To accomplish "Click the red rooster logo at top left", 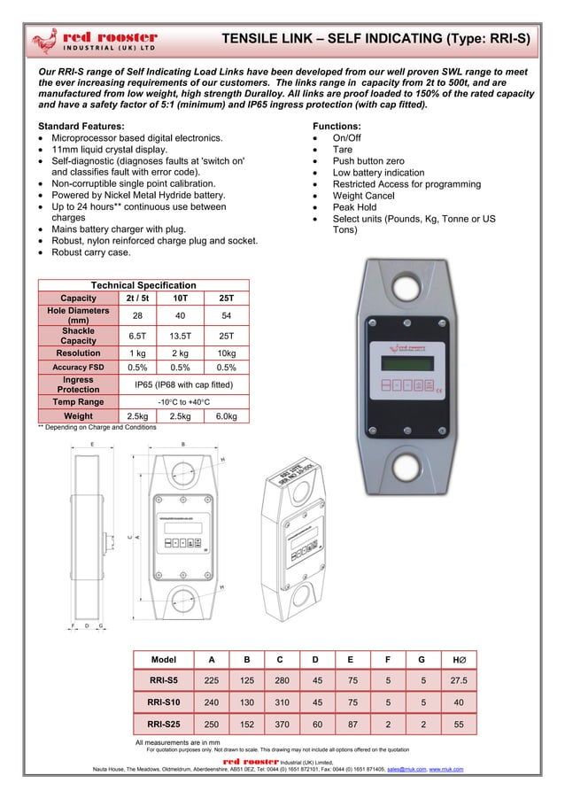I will tap(93, 40).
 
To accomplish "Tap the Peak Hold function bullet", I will tap(352, 207).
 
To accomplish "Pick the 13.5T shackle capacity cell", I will tap(182, 337).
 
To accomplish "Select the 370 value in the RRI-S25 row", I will tap(280, 724).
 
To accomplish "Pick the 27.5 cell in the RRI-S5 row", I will tap(458, 680).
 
